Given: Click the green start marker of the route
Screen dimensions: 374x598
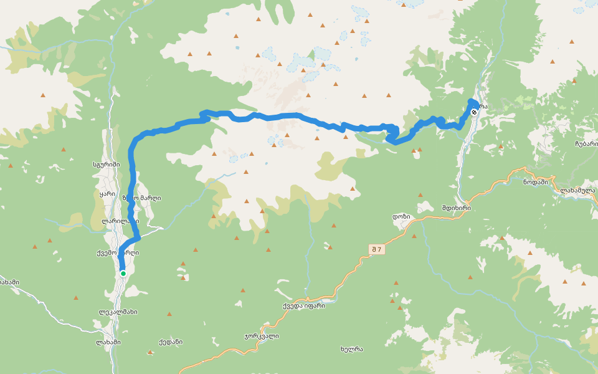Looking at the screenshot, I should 123,273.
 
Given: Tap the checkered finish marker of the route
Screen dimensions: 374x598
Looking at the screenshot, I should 475,112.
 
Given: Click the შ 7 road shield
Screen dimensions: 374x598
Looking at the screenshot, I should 376,249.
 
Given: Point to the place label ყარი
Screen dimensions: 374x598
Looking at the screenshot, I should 108,194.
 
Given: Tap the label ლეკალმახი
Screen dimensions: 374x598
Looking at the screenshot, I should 118,312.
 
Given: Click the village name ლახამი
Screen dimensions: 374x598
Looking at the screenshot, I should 108,342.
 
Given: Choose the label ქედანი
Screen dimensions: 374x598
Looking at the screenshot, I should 170,342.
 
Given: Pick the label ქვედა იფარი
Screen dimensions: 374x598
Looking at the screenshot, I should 303,305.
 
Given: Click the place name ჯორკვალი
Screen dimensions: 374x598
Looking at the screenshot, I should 262,336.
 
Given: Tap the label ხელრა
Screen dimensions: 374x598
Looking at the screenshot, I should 352,348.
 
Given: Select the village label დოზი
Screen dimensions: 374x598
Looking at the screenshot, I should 401,216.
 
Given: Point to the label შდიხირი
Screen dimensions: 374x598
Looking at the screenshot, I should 456,208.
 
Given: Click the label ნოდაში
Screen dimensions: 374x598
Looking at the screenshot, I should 535,182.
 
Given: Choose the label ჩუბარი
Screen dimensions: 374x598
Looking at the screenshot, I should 586,143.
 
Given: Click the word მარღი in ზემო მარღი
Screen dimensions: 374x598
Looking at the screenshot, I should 150,198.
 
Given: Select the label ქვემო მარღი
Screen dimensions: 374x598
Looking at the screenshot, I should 118,253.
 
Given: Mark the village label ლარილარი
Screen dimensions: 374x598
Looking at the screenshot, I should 120,221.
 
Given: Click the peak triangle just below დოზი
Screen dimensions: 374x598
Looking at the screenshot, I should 414,236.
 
